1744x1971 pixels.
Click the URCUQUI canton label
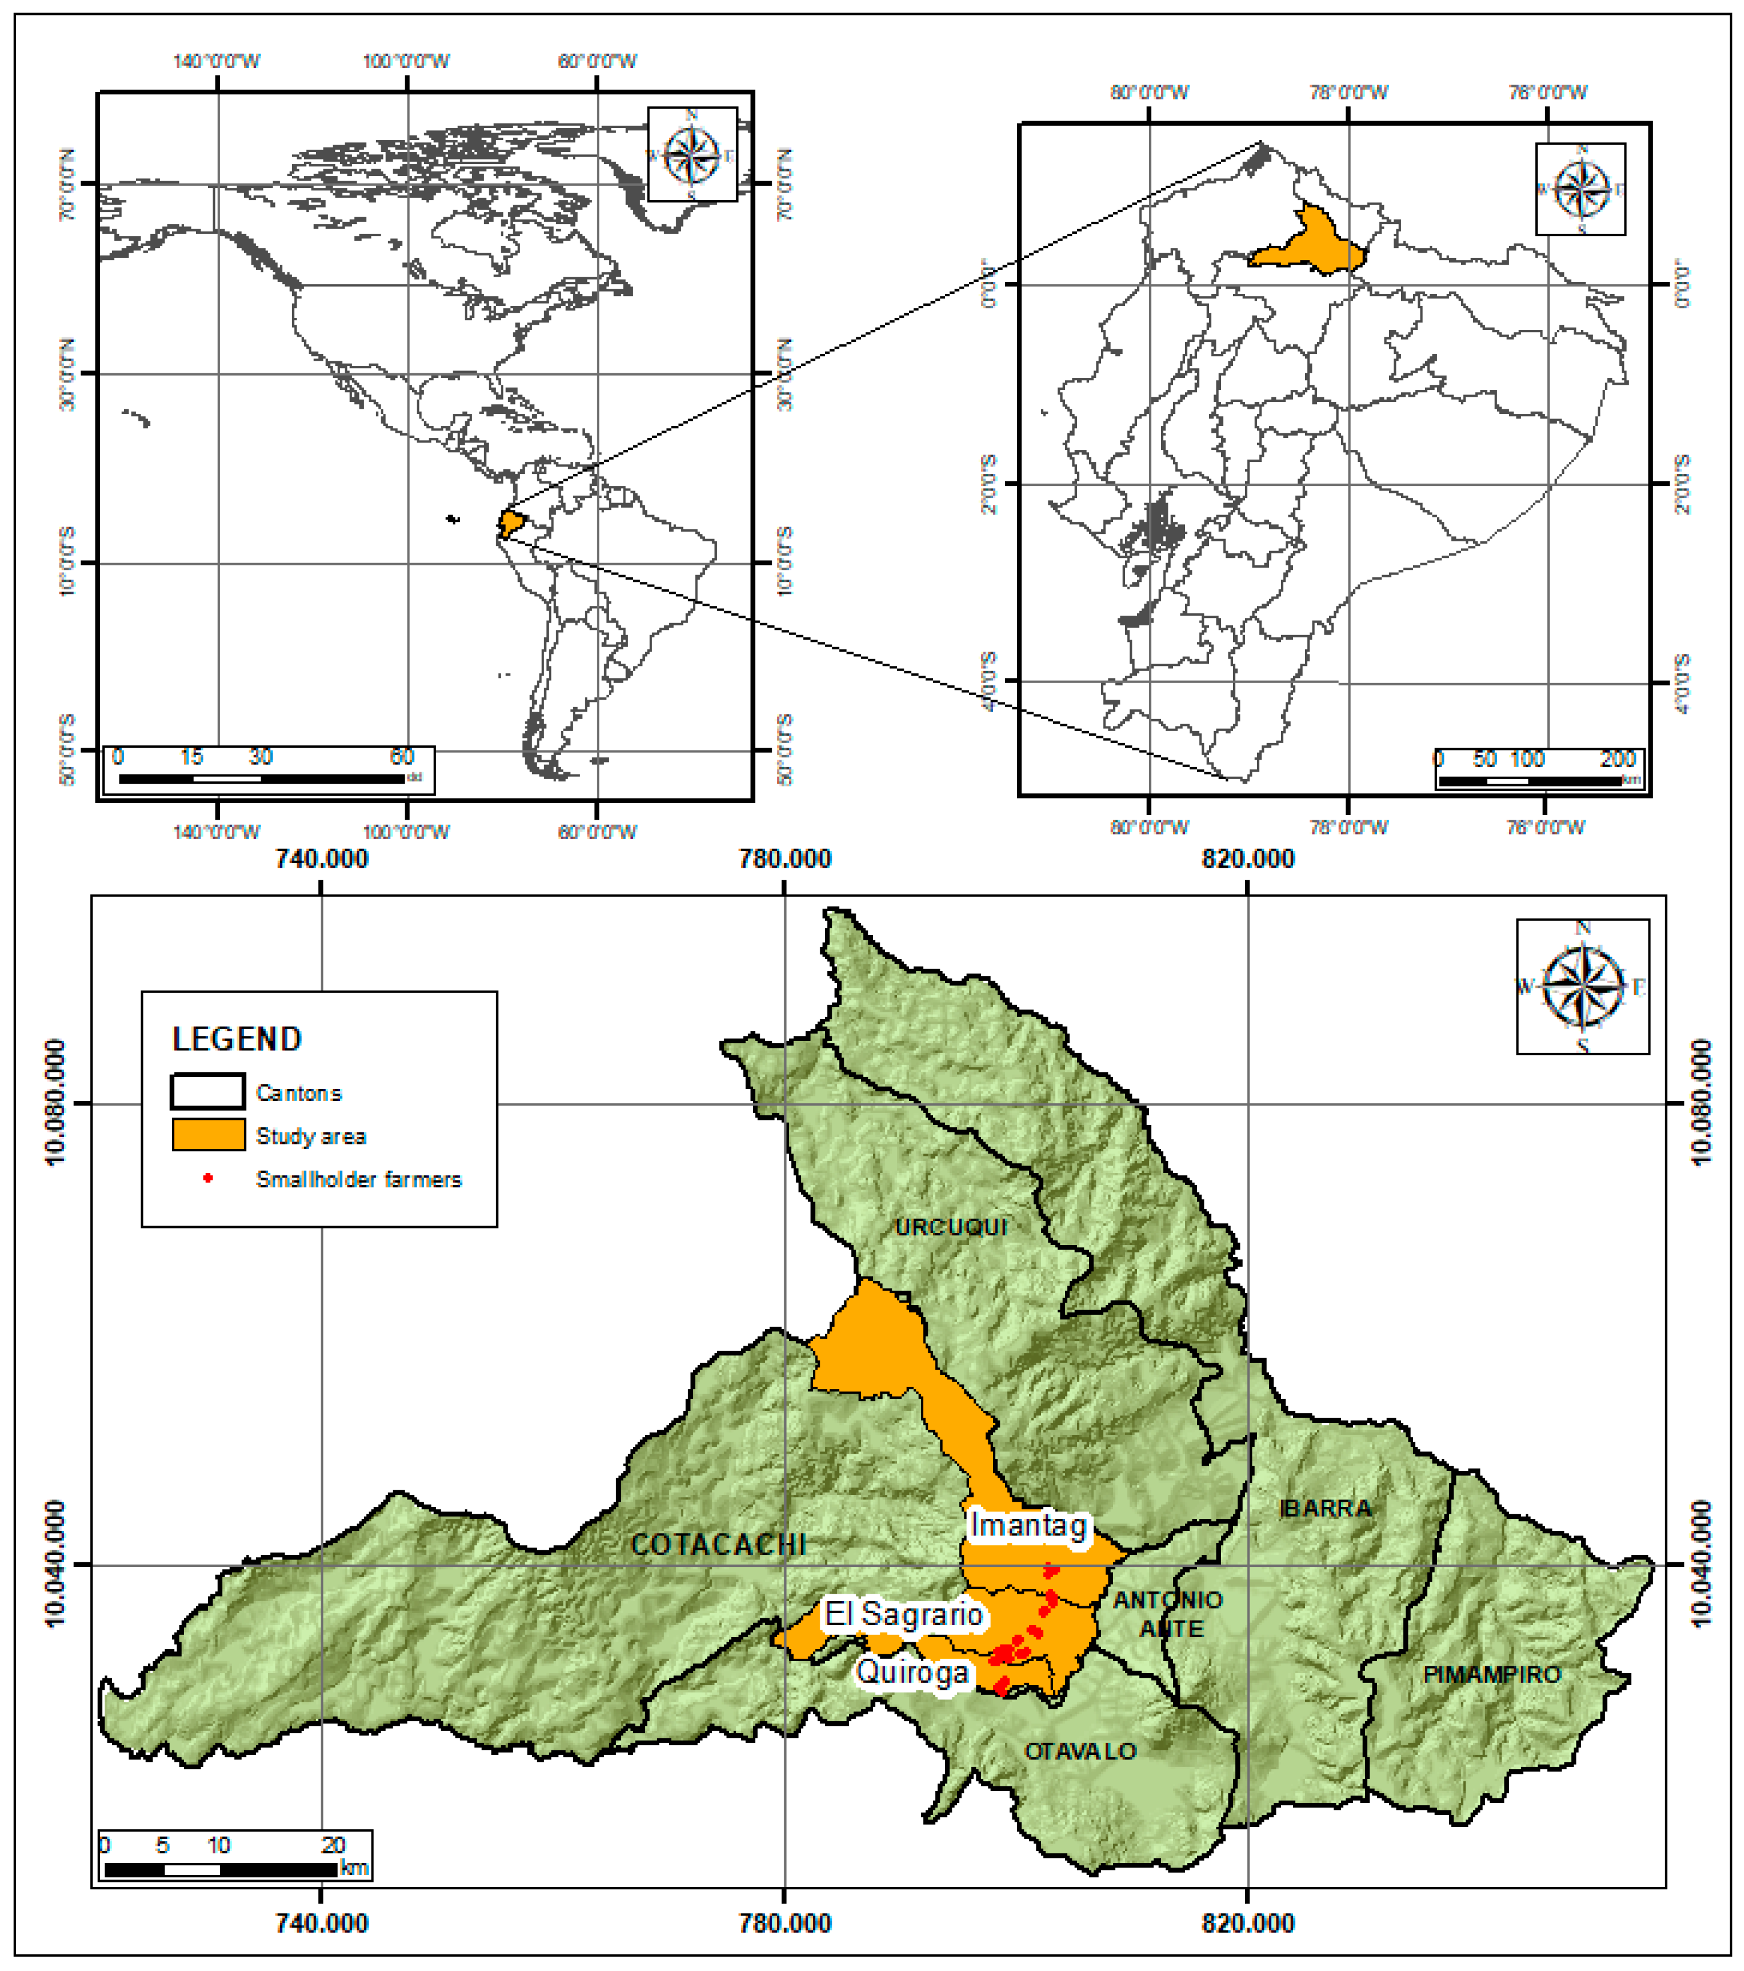951,1227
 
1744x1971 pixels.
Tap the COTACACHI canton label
717,1544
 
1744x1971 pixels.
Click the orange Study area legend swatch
208,1135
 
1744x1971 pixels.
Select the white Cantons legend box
208,1092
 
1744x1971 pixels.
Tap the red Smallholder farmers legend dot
207,1178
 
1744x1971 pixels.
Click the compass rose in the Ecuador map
1581,189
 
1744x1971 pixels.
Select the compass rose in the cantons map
1583,985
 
